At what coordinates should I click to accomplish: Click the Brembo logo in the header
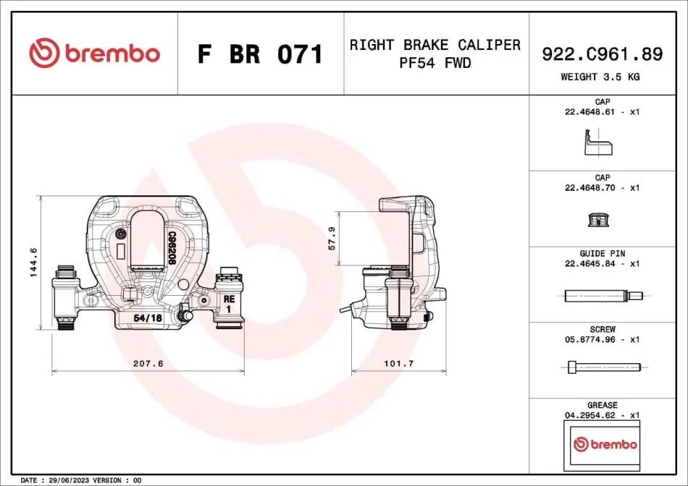[x=94, y=54]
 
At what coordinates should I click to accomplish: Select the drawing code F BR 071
[x=261, y=54]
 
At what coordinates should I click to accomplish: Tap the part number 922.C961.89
[x=602, y=53]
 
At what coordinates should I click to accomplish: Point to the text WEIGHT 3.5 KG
[x=600, y=77]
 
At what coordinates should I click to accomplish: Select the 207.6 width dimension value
[x=148, y=364]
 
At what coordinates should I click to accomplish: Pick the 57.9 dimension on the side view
[x=332, y=238]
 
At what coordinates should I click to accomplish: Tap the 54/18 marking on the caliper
[x=148, y=318]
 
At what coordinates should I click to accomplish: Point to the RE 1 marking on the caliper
[x=228, y=303]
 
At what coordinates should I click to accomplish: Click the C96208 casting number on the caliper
[x=172, y=250]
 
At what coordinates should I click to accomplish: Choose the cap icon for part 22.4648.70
[x=598, y=219]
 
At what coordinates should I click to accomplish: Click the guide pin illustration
[x=602, y=295]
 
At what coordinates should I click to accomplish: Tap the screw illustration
[x=602, y=367]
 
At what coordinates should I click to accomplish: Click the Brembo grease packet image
[x=605, y=443]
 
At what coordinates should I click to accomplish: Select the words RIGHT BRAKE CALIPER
[x=435, y=45]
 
